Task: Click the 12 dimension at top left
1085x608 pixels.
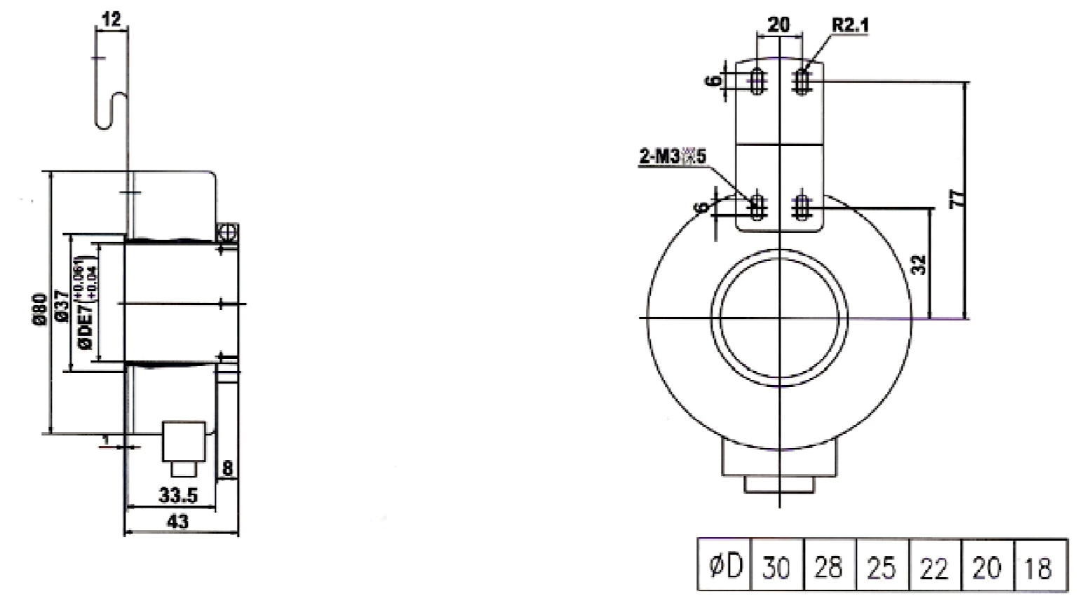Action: click(x=112, y=19)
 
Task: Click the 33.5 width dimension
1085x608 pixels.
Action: click(x=177, y=496)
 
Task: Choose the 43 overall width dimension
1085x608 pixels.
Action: click(x=179, y=522)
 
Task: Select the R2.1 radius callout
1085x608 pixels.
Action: click(x=850, y=25)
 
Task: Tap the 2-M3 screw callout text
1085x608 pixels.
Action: click(x=671, y=156)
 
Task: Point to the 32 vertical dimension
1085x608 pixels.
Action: click(x=920, y=264)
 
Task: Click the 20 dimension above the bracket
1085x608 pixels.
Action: click(x=779, y=25)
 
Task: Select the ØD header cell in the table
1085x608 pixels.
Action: click(x=724, y=566)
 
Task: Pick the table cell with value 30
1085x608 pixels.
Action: click(x=776, y=566)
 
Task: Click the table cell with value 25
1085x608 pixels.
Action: click(x=881, y=566)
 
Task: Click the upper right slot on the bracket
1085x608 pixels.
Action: click(x=802, y=81)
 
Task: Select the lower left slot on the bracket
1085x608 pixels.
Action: click(x=757, y=205)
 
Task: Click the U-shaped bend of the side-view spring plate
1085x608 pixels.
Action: click(x=111, y=112)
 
